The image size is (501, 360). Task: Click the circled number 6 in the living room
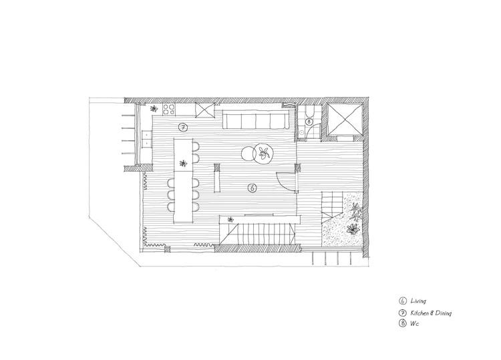(253, 188)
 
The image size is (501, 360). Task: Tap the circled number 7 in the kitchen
(183, 128)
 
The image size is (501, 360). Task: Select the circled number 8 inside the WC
(309, 122)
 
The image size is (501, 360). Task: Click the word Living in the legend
(418, 301)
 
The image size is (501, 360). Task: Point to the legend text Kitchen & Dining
(431, 313)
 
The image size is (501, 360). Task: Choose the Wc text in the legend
(414, 323)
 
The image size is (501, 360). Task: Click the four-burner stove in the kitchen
(169, 110)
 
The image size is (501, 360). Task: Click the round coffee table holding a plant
(264, 154)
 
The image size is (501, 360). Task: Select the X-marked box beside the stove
(204, 110)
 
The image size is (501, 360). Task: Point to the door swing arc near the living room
(281, 183)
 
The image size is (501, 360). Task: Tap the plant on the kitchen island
(183, 164)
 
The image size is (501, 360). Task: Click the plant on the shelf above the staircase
(230, 220)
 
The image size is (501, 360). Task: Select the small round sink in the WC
(301, 132)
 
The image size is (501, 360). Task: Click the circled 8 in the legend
(403, 323)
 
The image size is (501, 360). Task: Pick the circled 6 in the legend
(403, 301)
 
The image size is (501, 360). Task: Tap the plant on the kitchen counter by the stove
(154, 109)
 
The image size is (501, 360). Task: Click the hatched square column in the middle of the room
(217, 167)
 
